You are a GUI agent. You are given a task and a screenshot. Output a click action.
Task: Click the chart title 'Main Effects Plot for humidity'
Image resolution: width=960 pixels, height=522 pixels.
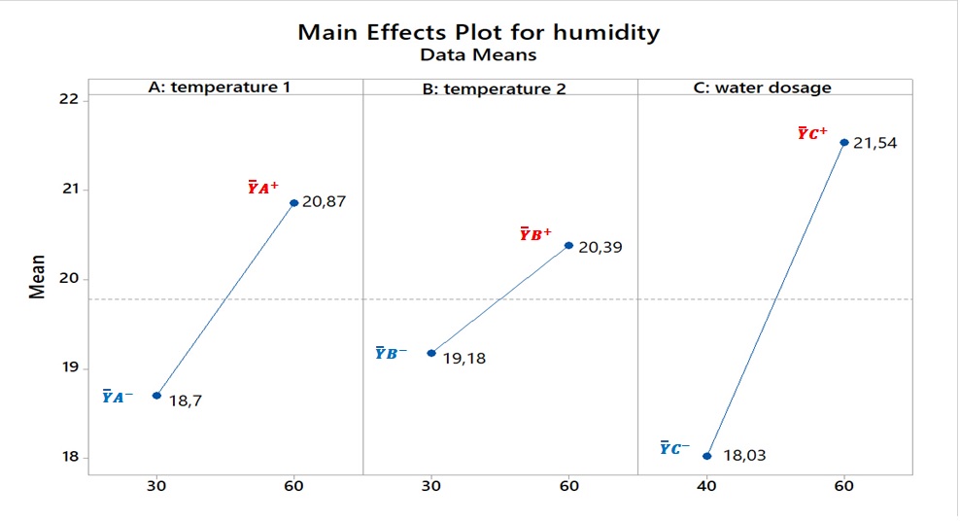pyautogui.click(x=478, y=32)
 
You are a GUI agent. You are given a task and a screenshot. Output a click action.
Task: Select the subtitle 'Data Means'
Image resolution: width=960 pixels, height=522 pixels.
pyautogui.click(x=478, y=55)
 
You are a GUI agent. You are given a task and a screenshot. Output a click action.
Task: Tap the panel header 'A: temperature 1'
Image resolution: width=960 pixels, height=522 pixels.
pyautogui.click(x=219, y=87)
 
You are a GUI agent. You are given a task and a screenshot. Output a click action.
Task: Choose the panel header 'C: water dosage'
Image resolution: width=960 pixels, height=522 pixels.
pyautogui.click(x=774, y=87)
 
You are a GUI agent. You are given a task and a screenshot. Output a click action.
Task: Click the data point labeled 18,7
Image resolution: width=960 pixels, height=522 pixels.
pyautogui.click(x=156, y=395)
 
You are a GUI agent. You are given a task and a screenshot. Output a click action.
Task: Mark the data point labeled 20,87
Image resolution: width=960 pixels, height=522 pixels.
pyautogui.click(x=294, y=202)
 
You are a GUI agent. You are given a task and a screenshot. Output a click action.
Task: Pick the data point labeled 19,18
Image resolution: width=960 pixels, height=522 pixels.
pyautogui.click(x=431, y=353)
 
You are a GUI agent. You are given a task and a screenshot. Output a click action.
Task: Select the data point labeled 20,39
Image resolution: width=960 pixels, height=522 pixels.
pyautogui.click(x=568, y=245)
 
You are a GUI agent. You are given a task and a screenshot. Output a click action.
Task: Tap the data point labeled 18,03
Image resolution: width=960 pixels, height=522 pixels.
pyautogui.click(x=707, y=455)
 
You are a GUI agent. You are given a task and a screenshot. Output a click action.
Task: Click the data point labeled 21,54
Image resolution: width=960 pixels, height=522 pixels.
pyautogui.click(x=844, y=142)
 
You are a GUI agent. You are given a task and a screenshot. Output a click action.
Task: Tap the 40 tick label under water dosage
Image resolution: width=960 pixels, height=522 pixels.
pyautogui.click(x=707, y=485)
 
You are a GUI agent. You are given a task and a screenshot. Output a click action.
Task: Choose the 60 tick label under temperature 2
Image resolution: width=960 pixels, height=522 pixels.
pyautogui.click(x=568, y=485)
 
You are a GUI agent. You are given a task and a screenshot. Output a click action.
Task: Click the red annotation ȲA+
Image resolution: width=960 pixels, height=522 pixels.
pyautogui.click(x=263, y=188)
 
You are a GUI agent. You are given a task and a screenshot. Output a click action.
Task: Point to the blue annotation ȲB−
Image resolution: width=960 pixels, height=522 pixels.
pyautogui.click(x=392, y=353)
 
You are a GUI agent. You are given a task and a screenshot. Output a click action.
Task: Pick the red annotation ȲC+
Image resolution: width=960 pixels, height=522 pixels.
pyautogui.click(x=812, y=133)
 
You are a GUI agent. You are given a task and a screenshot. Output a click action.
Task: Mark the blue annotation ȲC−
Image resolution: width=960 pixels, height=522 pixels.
pyautogui.click(x=674, y=448)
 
